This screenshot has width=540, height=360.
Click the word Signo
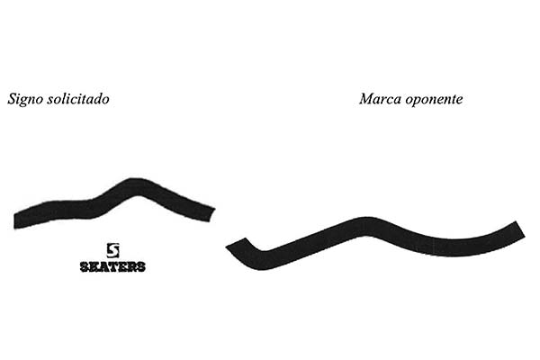pos(25,99)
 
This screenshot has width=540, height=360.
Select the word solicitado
pos(78,98)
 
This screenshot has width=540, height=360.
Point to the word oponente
pos(434,100)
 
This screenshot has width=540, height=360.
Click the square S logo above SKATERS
pos(112,250)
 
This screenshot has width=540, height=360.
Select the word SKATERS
pos(112,266)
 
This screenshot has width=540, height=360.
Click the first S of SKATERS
pos(85,266)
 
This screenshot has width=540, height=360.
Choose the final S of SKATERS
pos(141,266)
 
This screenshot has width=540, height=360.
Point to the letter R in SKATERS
pos(131,266)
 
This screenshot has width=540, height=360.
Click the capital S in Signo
pos(13,98)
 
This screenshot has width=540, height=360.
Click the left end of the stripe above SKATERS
pos(14,221)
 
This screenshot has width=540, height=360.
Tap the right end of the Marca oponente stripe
pos(520,229)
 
